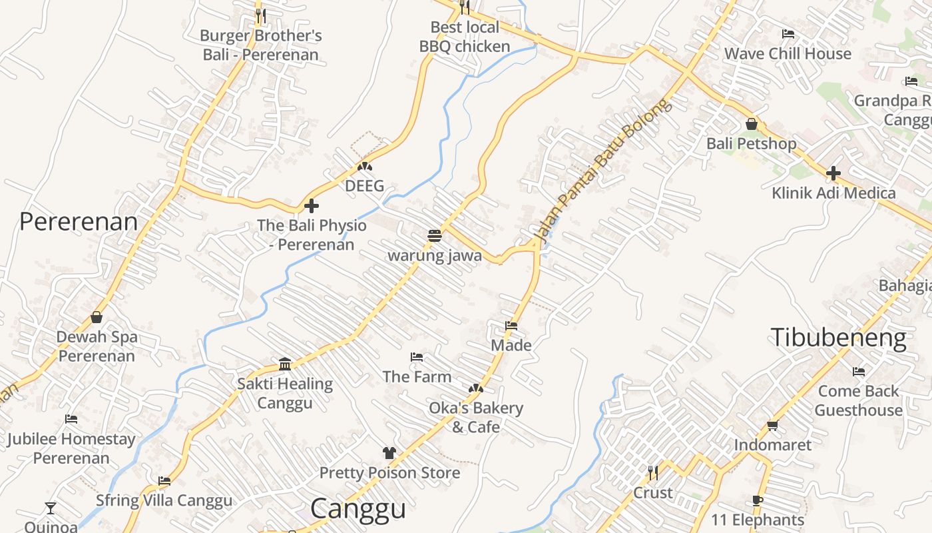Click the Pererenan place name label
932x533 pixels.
[79, 222]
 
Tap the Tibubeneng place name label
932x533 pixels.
[838, 338]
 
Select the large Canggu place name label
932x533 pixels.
[358, 509]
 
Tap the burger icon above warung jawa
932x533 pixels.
[435, 236]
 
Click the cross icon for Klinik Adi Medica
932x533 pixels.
[833, 174]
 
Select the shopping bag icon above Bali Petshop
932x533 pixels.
[752, 124]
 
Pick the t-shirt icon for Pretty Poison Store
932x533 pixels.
[389, 453]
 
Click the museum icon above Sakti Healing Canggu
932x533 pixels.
[285, 364]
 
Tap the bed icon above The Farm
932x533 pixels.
[417, 357]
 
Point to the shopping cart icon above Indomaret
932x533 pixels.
[772, 425]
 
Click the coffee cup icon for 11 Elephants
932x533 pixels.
[757, 500]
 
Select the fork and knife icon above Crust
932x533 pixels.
[653, 473]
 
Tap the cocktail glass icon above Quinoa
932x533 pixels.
[51, 509]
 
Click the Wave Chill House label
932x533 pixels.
[788, 54]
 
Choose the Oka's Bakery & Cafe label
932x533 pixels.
[476, 417]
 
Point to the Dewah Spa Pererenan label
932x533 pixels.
[97, 346]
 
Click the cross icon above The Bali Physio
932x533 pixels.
[311, 206]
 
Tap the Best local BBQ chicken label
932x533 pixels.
[465, 37]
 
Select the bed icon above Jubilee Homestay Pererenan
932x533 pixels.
[71, 419]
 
